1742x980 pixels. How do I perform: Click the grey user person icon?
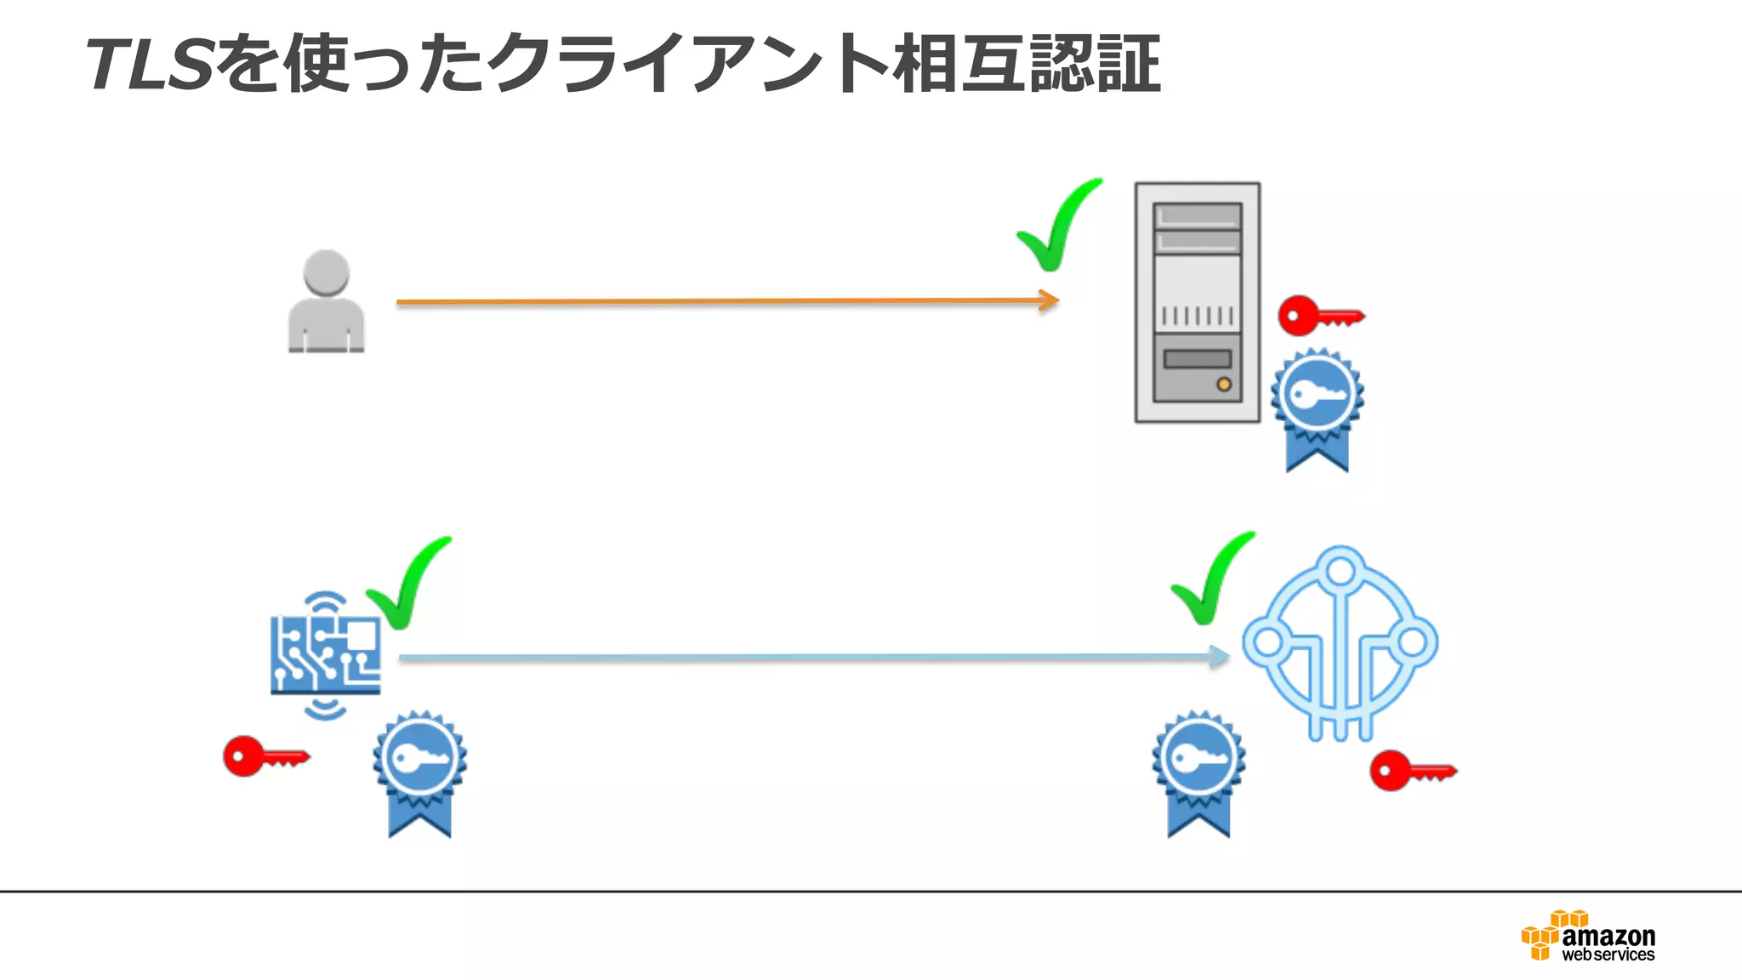point(326,301)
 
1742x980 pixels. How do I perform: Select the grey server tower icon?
point(1197,302)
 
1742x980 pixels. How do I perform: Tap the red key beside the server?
point(1319,316)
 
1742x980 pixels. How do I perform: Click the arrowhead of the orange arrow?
point(1050,300)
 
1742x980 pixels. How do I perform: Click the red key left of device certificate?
point(265,756)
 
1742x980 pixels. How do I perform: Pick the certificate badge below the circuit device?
point(419,772)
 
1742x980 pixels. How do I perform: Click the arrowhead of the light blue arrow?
point(1221,657)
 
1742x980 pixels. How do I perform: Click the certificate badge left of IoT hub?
point(1198,772)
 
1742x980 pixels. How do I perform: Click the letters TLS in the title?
point(149,65)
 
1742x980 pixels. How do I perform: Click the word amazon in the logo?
point(1608,937)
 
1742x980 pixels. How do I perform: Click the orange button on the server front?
point(1223,385)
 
